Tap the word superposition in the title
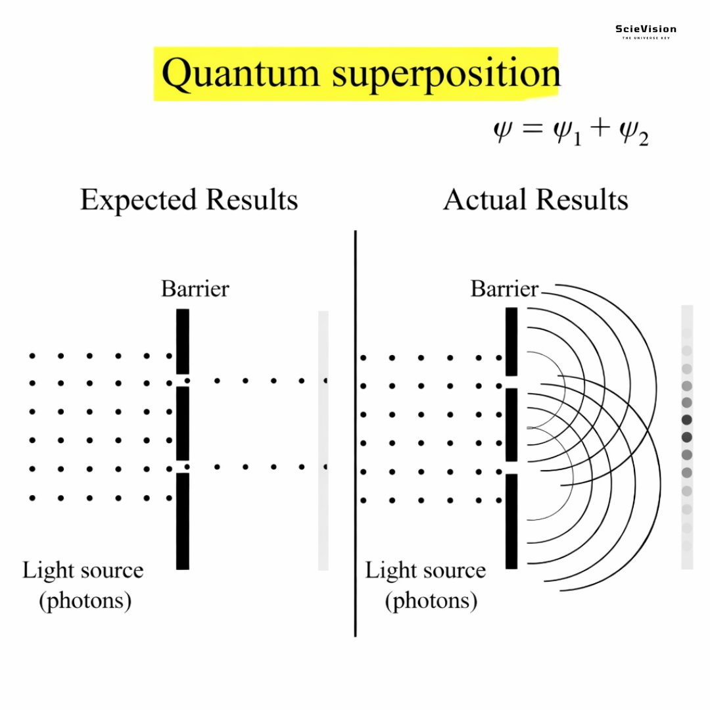coord(446,74)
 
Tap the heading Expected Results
coord(189,200)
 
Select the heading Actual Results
coord(535,200)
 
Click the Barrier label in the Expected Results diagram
coord(195,289)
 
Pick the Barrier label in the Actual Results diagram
coord(504,289)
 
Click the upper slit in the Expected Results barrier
coord(183,381)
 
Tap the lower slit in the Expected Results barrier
coord(183,467)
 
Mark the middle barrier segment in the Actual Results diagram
coord(511,425)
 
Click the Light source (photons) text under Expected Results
coord(83,584)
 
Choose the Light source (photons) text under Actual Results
coord(425,584)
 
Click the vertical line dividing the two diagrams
coord(356,434)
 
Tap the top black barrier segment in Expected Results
coord(183,341)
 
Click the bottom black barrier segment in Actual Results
coord(511,521)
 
